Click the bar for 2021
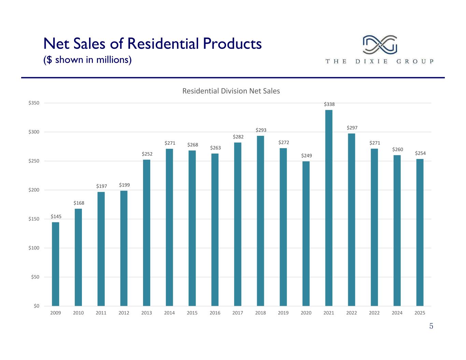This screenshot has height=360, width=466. (x=329, y=208)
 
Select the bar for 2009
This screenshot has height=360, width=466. (x=56, y=264)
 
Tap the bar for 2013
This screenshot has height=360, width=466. (x=147, y=233)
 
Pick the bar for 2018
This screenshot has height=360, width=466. (x=260, y=221)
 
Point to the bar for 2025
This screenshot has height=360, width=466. (x=420, y=232)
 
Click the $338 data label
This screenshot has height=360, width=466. (x=329, y=104)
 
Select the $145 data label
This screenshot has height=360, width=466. (x=56, y=216)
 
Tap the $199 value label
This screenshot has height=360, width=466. (x=124, y=185)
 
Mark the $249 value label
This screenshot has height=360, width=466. (x=307, y=156)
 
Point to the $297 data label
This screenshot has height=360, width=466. (x=352, y=128)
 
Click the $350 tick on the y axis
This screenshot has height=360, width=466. (x=34, y=103)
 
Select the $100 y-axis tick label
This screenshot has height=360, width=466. (x=34, y=248)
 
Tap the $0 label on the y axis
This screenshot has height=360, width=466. (x=37, y=306)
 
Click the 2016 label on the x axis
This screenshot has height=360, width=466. (x=215, y=313)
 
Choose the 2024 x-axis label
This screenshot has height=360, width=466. (x=397, y=313)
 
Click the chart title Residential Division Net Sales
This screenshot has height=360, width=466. (x=231, y=91)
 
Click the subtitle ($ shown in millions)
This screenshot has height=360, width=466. (x=87, y=60)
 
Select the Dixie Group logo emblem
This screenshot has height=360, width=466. (x=380, y=45)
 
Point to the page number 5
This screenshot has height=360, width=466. (x=431, y=326)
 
